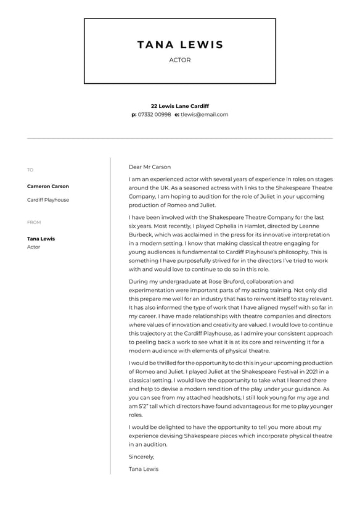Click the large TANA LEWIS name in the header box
click(180, 44)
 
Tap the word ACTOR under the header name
click(180, 60)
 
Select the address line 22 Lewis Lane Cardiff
click(180, 106)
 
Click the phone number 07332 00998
click(155, 114)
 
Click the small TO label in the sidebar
click(30, 170)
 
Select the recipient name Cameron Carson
click(48, 186)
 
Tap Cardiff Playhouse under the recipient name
click(48, 200)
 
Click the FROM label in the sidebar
click(34, 222)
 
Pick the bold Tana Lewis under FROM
click(41, 239)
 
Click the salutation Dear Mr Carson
click(150, 167)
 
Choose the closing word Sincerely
click(142, 457)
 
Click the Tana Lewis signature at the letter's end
click(144, 469)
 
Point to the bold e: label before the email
click(177, 114)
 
